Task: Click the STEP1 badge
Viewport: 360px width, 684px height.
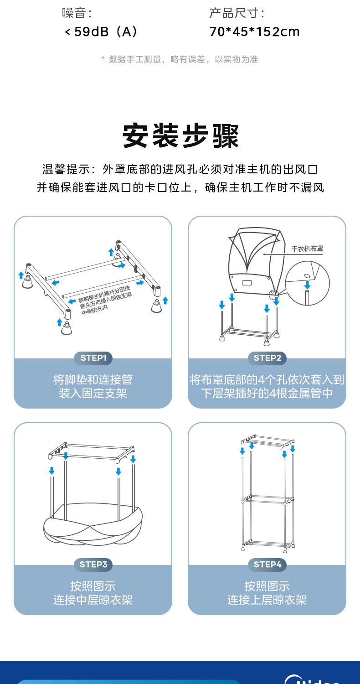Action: (93, 358)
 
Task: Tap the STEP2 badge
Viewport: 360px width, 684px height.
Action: (267, 358)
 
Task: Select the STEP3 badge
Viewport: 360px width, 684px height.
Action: (93, 565)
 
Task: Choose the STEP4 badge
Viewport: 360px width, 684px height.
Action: (267, 565)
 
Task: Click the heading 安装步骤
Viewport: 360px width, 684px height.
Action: (180, 136)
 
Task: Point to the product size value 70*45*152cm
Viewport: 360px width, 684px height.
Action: (254, 31)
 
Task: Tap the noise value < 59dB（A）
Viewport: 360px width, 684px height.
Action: (101, 31)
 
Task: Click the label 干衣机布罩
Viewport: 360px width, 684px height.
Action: (307, 249)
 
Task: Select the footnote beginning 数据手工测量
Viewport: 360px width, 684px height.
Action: (180, 59)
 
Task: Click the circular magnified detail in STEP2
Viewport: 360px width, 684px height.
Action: (307, 283)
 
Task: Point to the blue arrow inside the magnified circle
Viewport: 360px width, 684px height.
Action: (307, 285)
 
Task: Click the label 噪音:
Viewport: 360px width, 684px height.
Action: (77, 13)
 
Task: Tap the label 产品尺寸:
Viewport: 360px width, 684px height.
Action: (237, 13)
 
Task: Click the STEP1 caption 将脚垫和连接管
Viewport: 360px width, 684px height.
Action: (93, 379)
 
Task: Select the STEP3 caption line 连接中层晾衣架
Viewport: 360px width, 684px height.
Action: (93, 600)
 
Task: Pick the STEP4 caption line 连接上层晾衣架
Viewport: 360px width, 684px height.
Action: (267, 600)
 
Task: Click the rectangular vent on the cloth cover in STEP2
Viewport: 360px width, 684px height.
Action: (247, 283)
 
